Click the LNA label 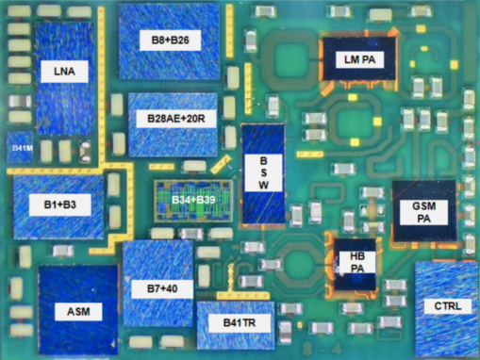click(x=64, y=72)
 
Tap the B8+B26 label click(x=170, y=41)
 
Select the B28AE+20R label click(x=176, y=119)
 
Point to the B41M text click(x=22, y=148)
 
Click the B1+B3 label click(x=60, y=205)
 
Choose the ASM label click(x=78, y=312)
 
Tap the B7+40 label click(x=162, y=289)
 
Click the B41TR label click(x=240, y=322)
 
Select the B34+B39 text click(x=193, y=200)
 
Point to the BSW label click(x=263, y=172)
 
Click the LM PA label click(x=360, y=59)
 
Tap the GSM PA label click(x=423, y=212)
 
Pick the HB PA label click(x=357, y=262)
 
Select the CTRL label click(x=448, y=306)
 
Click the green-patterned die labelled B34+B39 click(x=193, y=201)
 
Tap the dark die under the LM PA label click(x=359, y=58)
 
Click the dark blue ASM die click(x=78, y=310)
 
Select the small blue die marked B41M click(x=20, y=147)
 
